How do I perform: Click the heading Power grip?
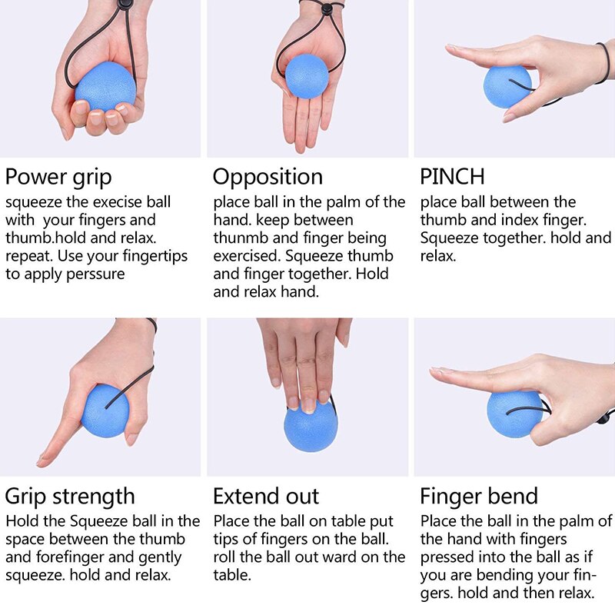[58, 177]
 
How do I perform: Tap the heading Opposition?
[268, 177]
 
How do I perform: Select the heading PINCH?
[452, 177]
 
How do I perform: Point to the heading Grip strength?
[70, 496]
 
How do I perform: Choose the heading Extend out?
[266, 496]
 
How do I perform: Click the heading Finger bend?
[479, 496]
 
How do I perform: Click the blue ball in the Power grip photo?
[105, 87]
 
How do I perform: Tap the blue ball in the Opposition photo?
[307, 75]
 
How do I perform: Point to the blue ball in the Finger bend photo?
[515, 414]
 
